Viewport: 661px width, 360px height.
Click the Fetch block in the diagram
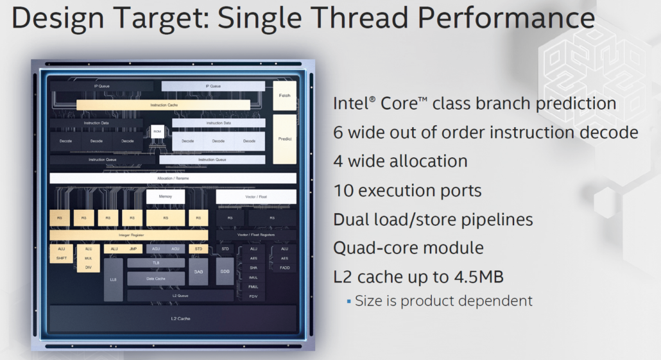284,96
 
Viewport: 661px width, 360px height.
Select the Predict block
284,139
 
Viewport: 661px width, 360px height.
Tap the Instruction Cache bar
164,105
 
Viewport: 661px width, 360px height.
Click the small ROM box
157,133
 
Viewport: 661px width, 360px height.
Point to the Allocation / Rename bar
173,178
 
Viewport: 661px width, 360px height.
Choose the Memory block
166,196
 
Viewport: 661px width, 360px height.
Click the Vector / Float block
256,196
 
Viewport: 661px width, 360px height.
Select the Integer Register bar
128,236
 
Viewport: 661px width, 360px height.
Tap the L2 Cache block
173,319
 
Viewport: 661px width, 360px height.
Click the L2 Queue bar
180,295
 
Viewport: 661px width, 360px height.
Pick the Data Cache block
156,279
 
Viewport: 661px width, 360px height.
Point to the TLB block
156,262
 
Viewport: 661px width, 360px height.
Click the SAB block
198,271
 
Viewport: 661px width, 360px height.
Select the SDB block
225,271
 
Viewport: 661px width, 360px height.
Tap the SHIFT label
61,258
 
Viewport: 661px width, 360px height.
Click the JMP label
133,248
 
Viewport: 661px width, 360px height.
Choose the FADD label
284,267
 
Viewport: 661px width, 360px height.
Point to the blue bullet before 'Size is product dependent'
349,300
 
